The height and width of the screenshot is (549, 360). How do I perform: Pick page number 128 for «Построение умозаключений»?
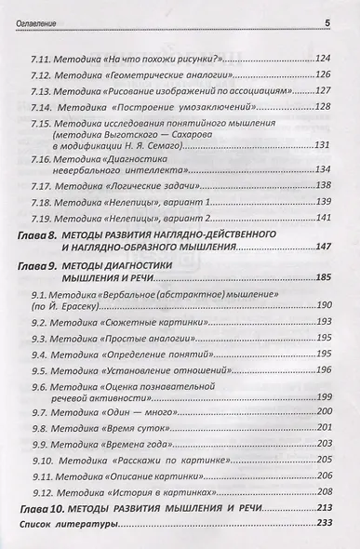[x=322, y=108]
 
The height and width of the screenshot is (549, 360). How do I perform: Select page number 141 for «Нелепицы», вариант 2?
[x=322, y=218]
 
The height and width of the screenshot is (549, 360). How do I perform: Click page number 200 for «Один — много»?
[x=322, y=410]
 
